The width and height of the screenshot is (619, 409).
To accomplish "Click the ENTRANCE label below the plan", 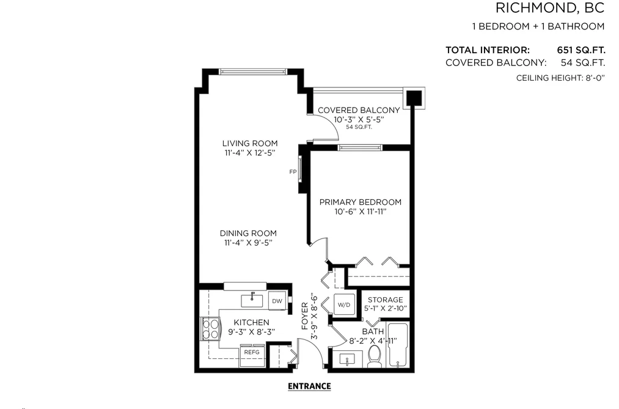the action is click(x=309, y=386).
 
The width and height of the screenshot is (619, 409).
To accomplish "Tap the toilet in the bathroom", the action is click(x=374, y=356).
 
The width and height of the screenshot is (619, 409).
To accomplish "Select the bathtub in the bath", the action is click(x=398, y=345).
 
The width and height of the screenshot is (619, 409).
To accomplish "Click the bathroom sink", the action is click(x=348, y=359).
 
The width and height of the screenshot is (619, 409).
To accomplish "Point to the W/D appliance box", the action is click(x=344, y=305).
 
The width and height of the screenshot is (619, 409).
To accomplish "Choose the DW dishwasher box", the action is click(x=277, y=301).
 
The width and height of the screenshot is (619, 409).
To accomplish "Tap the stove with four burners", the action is click(x=210, y=329).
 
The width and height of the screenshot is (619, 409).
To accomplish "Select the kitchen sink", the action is click(x=252, y=300).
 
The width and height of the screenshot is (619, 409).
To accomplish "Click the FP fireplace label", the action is click(x=293, y=172).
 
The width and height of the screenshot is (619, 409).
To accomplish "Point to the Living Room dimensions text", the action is click(x=250, y=153).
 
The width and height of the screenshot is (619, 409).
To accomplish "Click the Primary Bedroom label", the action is click(x=361, y=202).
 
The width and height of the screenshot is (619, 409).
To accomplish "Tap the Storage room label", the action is click(x=386, y=300).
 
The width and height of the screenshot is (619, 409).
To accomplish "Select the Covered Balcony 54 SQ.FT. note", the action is click(x=359, y=127).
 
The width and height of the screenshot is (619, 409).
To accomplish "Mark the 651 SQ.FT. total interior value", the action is click(x=581, y=50).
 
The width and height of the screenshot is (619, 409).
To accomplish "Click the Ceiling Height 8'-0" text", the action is click(x=560, y=78).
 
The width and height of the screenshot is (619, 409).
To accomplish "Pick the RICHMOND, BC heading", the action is click(x=550, y=8).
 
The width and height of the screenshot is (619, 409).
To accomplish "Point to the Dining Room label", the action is click(x=248, y=234).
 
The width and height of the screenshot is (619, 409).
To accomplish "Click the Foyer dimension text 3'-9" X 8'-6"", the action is click(x=314, y=316).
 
